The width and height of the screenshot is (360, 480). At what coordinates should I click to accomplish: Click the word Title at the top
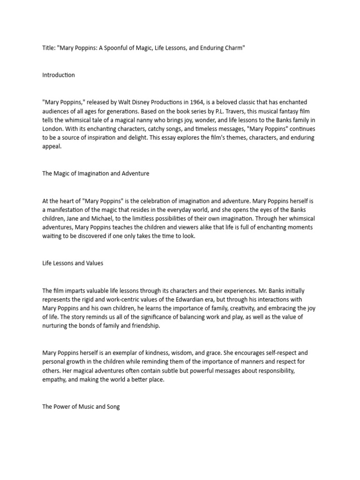(x=48, y=49)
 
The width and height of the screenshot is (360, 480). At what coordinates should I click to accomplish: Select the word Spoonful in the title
(x=129, y=49)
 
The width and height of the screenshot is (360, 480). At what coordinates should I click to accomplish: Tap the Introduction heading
(x=58, y=75)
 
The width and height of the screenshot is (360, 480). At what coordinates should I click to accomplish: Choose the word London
(x=52, y=129)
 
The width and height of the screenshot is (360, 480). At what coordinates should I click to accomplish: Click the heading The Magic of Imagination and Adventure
(x=96, y=173)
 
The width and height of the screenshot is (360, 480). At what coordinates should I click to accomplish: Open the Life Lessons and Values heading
(x=73, y=263)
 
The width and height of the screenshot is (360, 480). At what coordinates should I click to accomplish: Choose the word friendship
(x=142, y=326)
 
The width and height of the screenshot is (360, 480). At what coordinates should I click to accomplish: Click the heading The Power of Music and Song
(x=81, y=407)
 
